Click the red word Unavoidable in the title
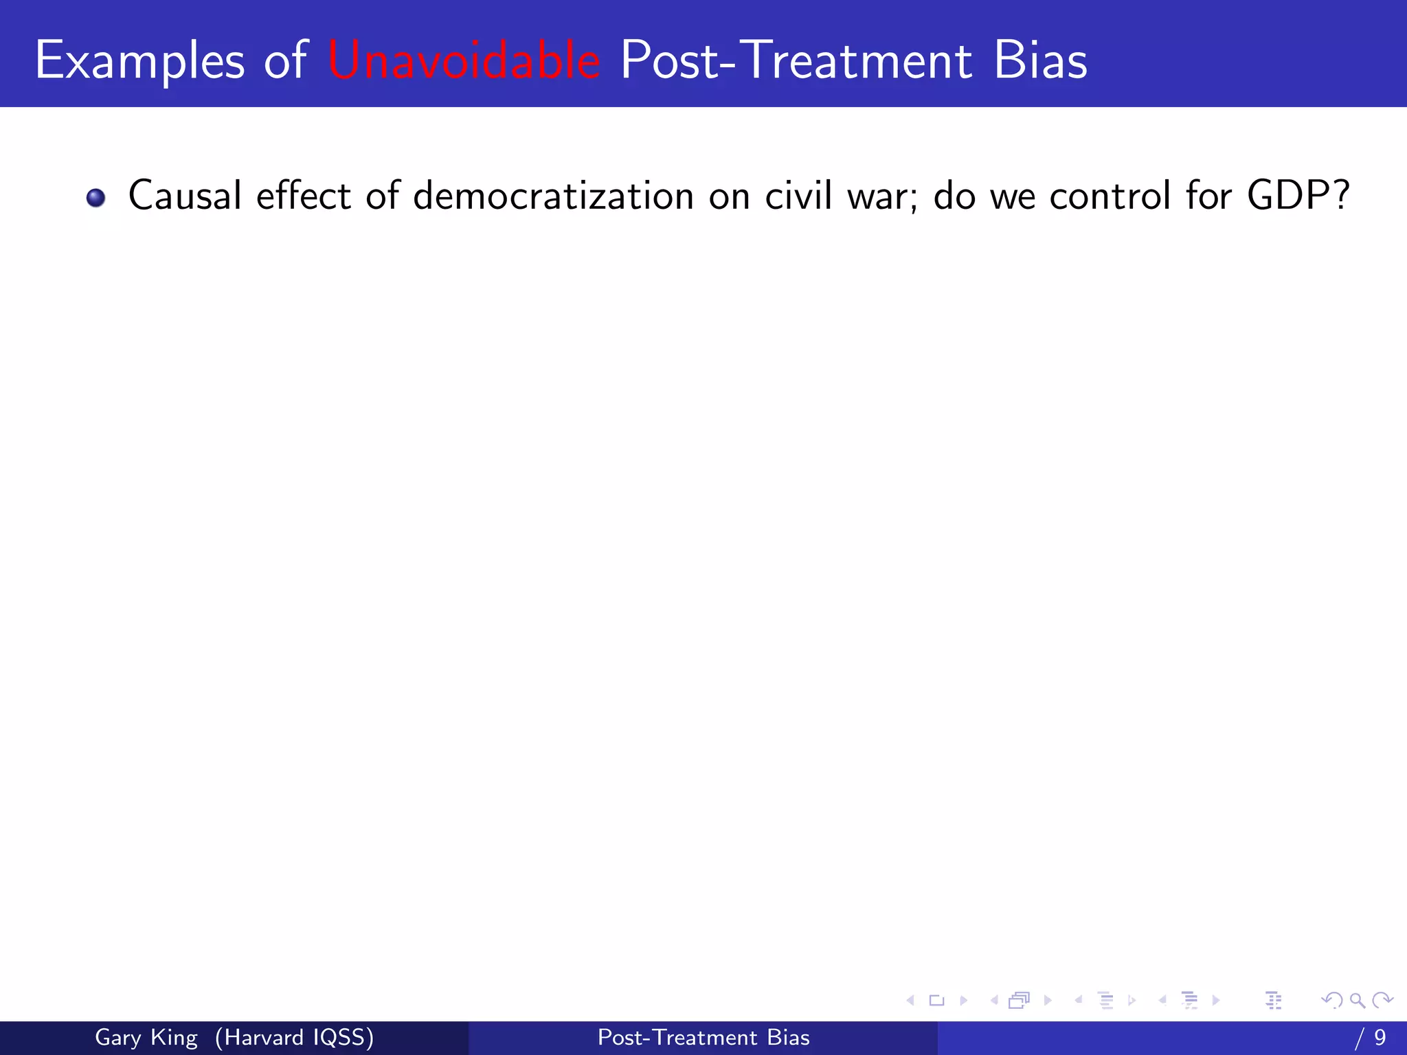[464, 60]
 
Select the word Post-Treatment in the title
[796, 60]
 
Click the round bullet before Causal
[95, 198]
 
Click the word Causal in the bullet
[185, 195]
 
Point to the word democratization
[553, 195]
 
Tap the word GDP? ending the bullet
[1298, 195]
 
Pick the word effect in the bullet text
[303, 195]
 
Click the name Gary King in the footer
[146, 1037]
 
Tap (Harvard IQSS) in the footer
[294, 1037]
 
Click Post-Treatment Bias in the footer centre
[703, 1037]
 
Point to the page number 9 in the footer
[1380, 1037]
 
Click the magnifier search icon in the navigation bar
[1357, 1001]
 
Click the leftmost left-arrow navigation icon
[910, 1001]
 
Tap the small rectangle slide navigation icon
[936, 1001]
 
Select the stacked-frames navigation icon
[1019, 1001]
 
